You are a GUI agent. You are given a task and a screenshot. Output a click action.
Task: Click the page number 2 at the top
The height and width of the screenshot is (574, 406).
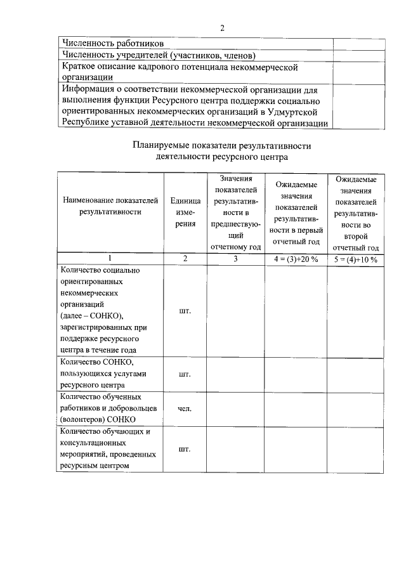click(x=221, y=28)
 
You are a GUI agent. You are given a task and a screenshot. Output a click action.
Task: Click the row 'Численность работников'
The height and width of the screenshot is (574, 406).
click(x=107, y=44)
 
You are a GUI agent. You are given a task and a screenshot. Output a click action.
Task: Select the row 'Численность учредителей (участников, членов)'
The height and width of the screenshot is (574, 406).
click(x=158, y=55)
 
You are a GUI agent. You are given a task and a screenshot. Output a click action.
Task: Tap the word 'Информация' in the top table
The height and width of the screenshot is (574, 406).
click(x=89, y=89)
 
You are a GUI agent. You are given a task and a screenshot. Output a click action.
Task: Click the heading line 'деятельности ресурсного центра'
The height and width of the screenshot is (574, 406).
click(x=221, y=156)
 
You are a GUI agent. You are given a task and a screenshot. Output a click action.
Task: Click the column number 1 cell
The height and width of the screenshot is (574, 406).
click(x=110, y=259)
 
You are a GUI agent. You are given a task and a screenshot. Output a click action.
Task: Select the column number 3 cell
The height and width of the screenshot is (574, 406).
click(x=235, y=259)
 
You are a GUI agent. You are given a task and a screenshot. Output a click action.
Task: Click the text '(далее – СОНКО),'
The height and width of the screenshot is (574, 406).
click(x=92, y=315)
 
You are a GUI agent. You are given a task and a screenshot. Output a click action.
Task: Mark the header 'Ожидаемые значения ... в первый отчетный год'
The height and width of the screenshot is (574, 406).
click(x=295, y=212)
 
